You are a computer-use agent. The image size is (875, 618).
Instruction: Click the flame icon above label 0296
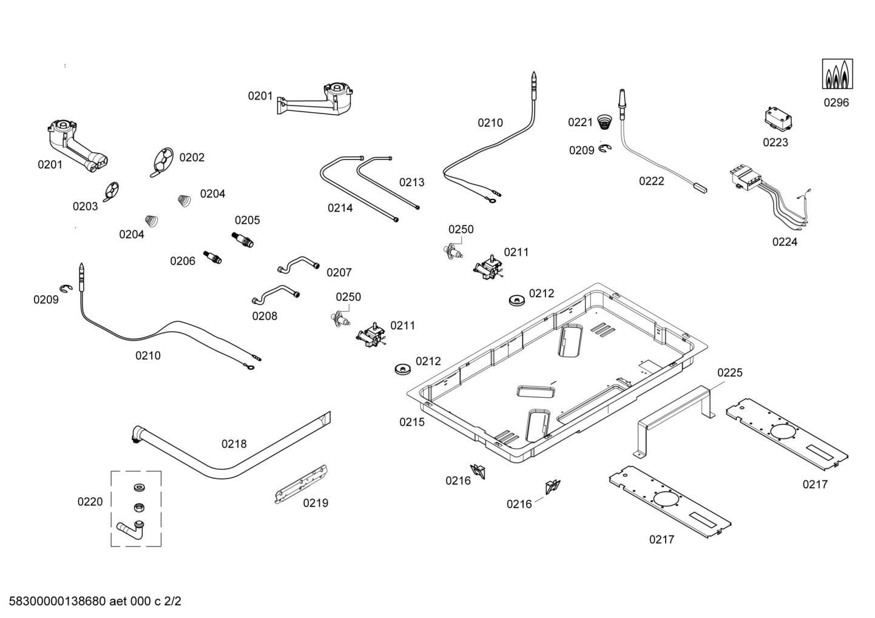[837, 74]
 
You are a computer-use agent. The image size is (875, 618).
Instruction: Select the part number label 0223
[775, 143]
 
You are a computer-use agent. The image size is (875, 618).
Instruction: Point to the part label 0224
[785, 242]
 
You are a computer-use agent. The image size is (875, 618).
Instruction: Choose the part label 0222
[651, 181]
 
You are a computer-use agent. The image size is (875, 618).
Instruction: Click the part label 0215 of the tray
[412, 422]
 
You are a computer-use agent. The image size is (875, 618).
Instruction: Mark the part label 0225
[729, 372]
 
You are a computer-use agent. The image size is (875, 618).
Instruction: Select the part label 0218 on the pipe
[234, 444]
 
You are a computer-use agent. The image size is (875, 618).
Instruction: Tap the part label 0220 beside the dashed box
[90, 502]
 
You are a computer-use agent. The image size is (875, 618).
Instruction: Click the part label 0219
[316, 503]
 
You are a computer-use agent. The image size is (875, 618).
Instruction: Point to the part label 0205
[247, 220]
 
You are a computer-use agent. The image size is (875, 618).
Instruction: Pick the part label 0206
[183, 261]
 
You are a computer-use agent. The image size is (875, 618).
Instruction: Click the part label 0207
[339, 272]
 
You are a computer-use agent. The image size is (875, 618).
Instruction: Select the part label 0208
[265, 316]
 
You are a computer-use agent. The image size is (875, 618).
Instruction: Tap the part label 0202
[192, 158]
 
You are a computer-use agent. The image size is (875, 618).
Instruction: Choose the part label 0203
[85, 206]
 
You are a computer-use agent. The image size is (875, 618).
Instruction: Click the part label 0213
[411, 182]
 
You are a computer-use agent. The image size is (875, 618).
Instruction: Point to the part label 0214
[340, 208]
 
